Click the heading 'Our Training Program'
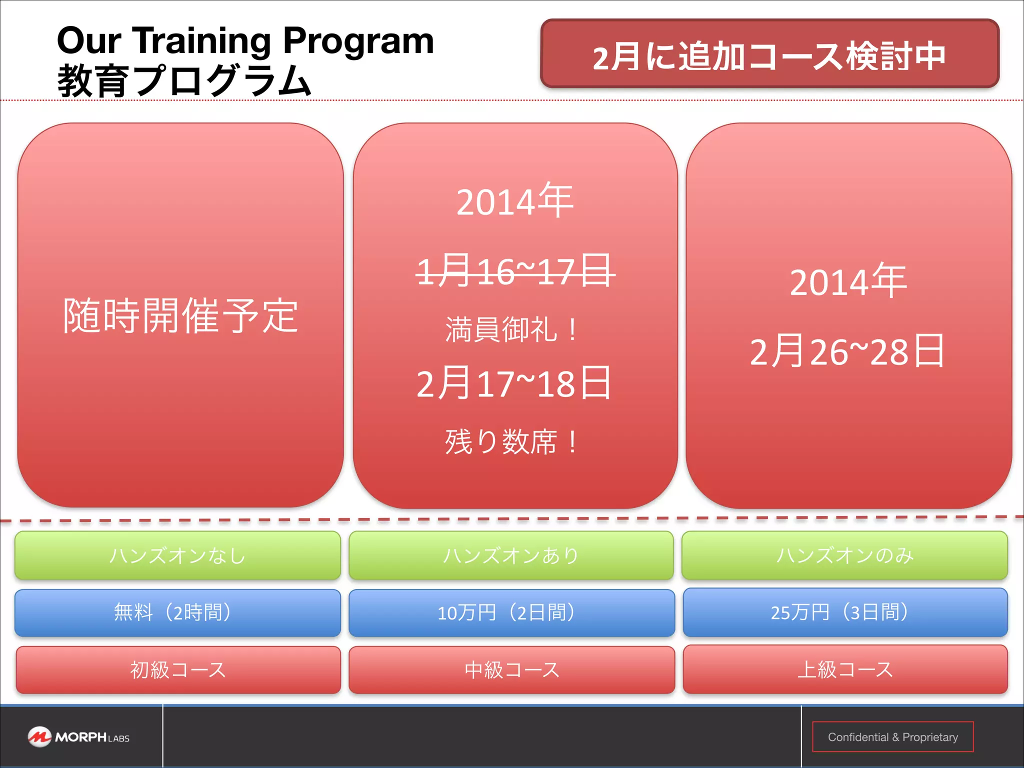pyautogui.click(x=245, y=41)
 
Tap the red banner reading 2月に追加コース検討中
pyautogui.click(x=769, y=54)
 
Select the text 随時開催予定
pyautogui.click(x=180, y=315)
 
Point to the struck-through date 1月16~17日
pyautogui.click(x=515, y=271)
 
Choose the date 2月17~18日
pyautogui.click(x=514, y=383)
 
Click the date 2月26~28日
pyautogui.click(x=847, y=351)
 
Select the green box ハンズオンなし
pyautogui.click(x=178, y=555)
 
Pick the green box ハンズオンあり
pyautogui.click(x=511, y=555)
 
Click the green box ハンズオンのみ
pyautogui.click(x=844, y=555)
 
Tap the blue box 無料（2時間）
pyautogui.click(x=178, y=612)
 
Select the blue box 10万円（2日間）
pyautogui.click(x=511, y=612)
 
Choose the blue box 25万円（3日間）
pyautogui.click(x=844, y=612)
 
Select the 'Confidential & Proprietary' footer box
pyautogui.click(x=892, y=737)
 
